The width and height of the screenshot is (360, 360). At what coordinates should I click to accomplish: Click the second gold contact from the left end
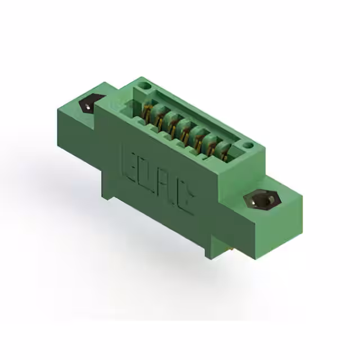click(x=160, y=119)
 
